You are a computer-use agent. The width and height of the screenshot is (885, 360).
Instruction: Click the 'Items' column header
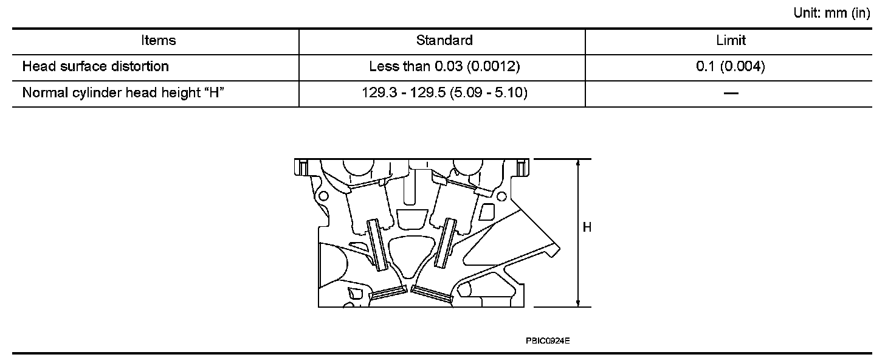(x=158, y=41)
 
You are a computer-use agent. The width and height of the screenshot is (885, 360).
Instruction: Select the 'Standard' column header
(x=444, y=41)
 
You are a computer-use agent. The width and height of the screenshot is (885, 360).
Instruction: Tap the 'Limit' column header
(x=731, y=41)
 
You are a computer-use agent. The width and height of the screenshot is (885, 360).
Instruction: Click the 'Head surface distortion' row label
(x=95, y=66)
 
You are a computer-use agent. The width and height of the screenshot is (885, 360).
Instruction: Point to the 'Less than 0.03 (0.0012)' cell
(x=444, y=66)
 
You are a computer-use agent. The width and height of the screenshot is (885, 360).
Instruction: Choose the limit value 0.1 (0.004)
(x=731, y=66)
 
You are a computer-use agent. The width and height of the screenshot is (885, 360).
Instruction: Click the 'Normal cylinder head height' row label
(x=120, y=93)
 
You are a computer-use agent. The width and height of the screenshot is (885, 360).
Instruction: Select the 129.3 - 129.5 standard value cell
(x=444, y=93)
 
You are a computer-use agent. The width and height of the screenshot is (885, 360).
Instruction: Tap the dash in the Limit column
(x=731, y=93)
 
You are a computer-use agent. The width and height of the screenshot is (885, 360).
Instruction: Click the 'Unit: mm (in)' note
(x=832, y=13)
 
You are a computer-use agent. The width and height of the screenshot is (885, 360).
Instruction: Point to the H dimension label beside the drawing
(x=587, y=228)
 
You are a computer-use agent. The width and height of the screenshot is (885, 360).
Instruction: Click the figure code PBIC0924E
(x=548, y=341)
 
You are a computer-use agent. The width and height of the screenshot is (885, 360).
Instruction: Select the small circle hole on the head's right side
(x=503, y=195)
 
